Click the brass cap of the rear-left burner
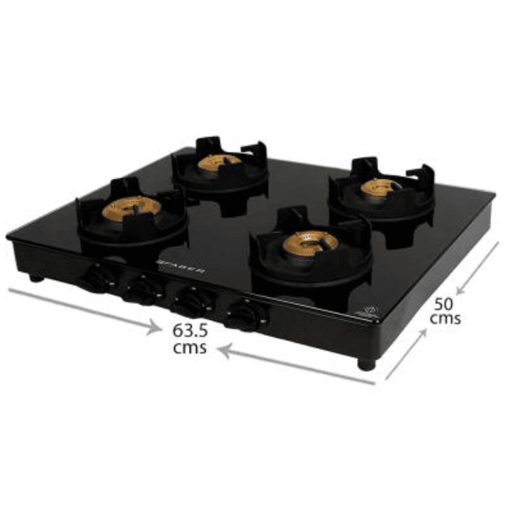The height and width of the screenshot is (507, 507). [x=220, y=163]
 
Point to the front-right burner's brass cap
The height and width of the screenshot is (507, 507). [x=310, y=242]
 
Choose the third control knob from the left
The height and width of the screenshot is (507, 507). [x=190, y=302]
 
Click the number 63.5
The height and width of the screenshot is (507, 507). [x=190, y=331]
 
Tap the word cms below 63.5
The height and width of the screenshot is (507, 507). [x=190, y=348]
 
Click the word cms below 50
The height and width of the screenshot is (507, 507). [x=445, y=319]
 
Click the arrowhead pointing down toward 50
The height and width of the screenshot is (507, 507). [x=460, y=290]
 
